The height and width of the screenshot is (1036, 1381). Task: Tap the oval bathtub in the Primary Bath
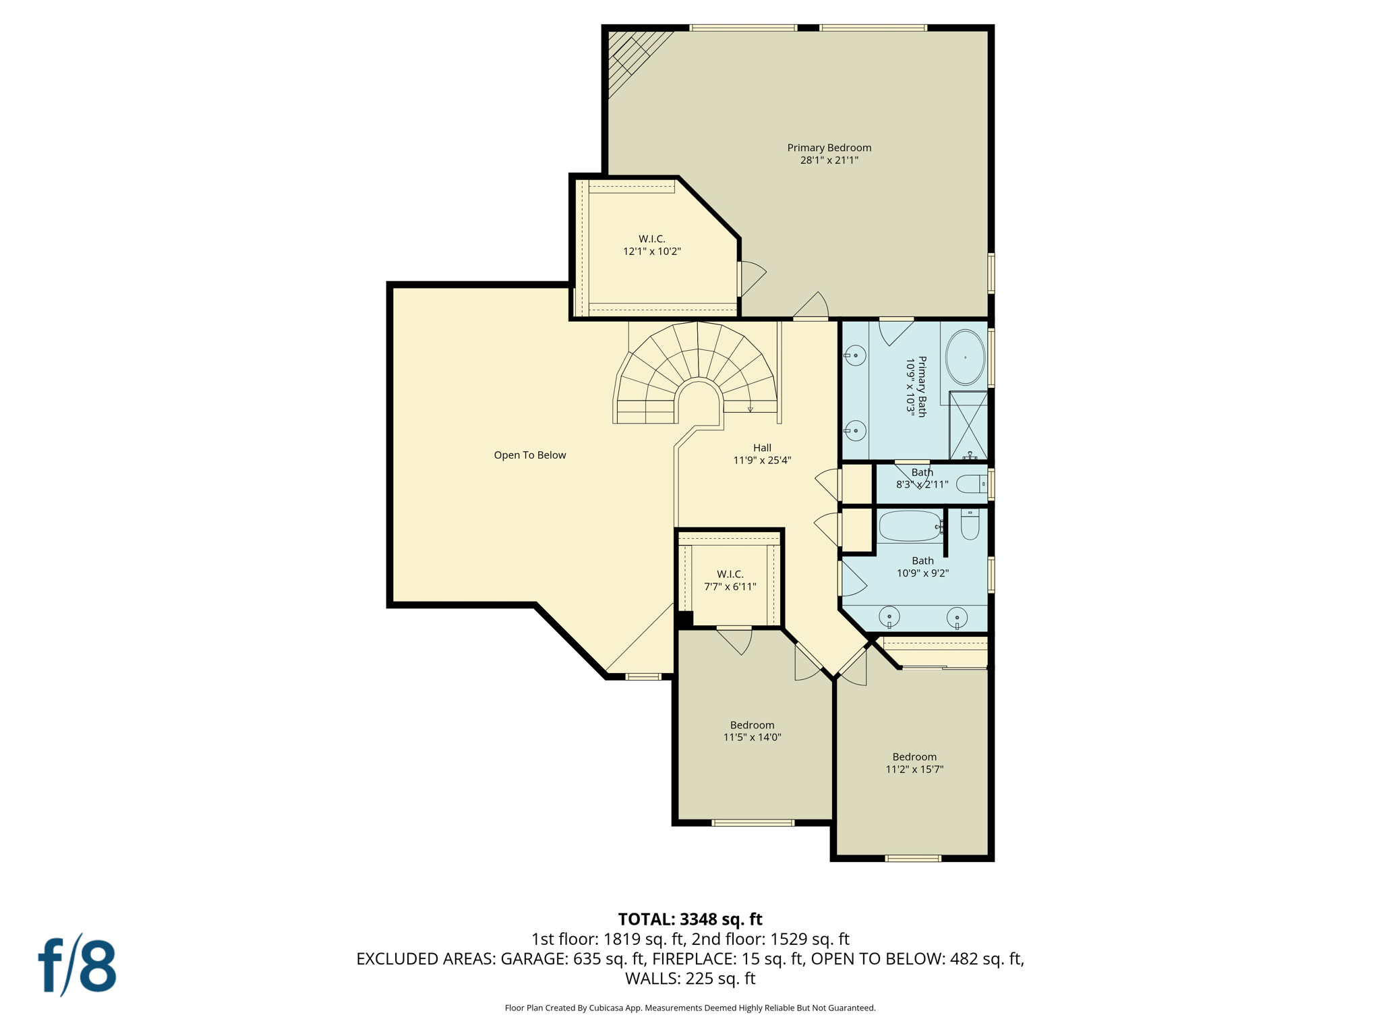pos(965,357)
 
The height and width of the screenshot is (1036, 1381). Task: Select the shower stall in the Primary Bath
pos(968,425)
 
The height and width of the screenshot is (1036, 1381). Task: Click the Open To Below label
pos(529,455)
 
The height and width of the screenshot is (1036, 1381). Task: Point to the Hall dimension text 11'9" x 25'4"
pos(762,461)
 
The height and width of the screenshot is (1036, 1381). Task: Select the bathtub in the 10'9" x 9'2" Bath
pos(910,526)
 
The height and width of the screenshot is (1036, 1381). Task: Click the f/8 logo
pos(78,965)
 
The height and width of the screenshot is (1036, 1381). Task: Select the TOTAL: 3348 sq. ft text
pos(690,919)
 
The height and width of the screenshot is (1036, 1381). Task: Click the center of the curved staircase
pos(698,378)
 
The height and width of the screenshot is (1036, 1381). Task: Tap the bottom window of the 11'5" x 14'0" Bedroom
pos(753,823)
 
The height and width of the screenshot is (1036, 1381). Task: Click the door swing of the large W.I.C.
pos(753,277)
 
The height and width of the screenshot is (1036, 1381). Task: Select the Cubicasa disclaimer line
pos(690,1008)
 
